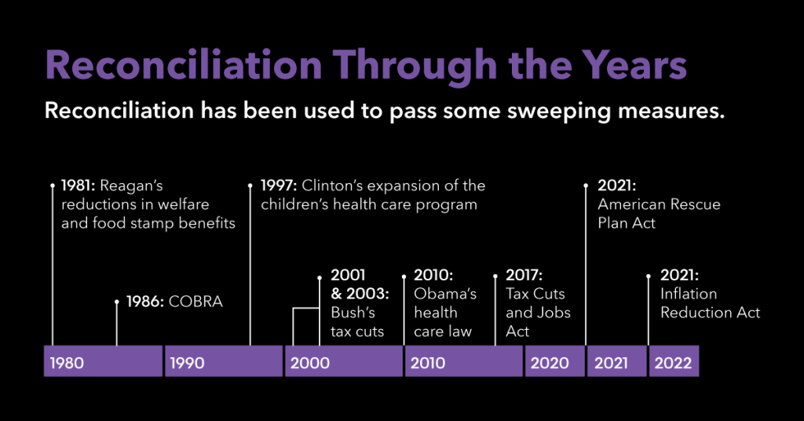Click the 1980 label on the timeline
pyautogui.click(x=67, y=363)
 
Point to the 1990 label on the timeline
pyautogui.click(x=187, y=363)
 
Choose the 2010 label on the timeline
pyautogui.click(x=428, y=363)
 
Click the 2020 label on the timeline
pyautogui.click(x=550, y=363)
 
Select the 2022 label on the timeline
pyautogui.click(x=673, y=363)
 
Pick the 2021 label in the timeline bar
pyautogui.click(x=612, y=363)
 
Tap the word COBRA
pyautogui.click(x=196, y=302)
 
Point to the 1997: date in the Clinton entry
pyautogui.click(x=276, y=186)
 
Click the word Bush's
pyautogui.click(x=353, y=313)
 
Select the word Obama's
pyautogui.click(x=445, y=294)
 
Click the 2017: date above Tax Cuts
pyautogui.click(x=524, y=276)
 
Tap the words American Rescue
pyautogui.click(x=659, y=205)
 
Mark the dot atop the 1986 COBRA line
pyautogui.click(x=117, y=301)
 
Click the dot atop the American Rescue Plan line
pyautogui.click(x=586, y=186)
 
